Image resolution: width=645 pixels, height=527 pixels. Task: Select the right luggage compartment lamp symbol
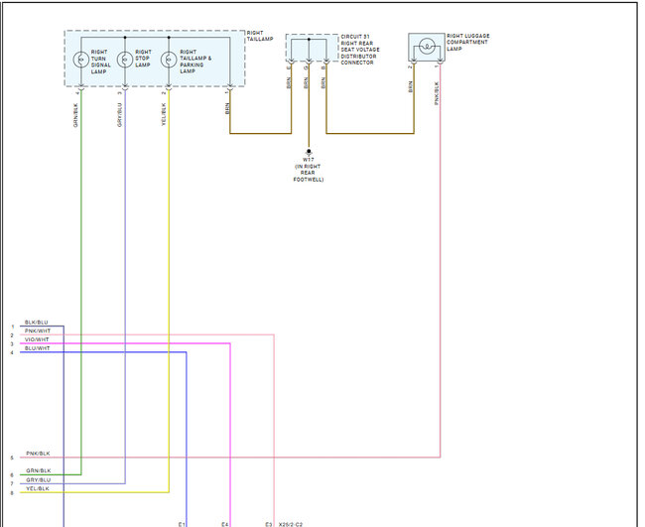click(x=427, y=47)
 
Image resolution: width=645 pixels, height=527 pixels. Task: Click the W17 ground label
click(x=309, y=160)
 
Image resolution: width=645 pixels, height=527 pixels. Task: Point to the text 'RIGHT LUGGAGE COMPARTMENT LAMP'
click(x=468, y=43)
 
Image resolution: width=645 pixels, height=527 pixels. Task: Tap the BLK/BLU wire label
click(x=36, y=323)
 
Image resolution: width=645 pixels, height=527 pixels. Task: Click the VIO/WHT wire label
click(x=36, y=340)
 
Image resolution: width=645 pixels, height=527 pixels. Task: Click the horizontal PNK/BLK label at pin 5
click(x=38, y=453)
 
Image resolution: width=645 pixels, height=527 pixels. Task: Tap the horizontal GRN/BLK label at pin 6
click(x=38, y=470)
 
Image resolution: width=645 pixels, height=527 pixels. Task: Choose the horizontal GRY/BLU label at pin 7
click(x=38, y=479)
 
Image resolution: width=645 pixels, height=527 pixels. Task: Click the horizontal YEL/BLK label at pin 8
click(x=38, y=488)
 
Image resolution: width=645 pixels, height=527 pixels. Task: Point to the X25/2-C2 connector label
click(x=291, y=523)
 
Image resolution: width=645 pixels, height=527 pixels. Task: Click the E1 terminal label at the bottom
click(x=182, y=523)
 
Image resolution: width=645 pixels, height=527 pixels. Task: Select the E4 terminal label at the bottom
click(x=225, y=523)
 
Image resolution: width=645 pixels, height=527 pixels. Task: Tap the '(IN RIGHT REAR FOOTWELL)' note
click(x=309, y=174)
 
